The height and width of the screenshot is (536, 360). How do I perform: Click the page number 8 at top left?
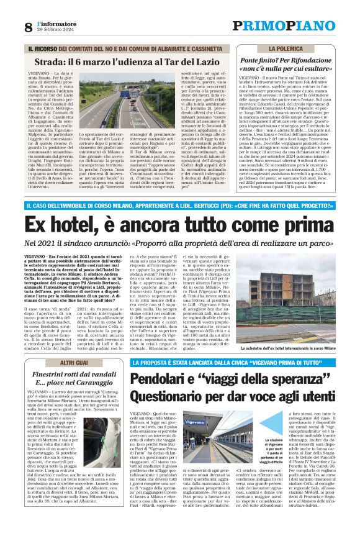point(28,27)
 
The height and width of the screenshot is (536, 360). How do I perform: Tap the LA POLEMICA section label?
point(287,48)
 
